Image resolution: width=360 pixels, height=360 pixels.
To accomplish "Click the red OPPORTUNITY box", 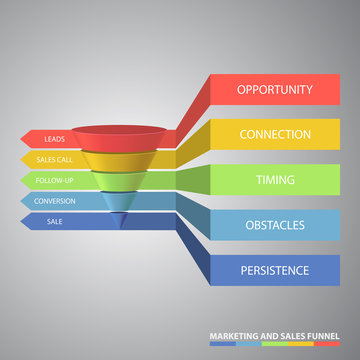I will pyautogui.click(x=274, y=89).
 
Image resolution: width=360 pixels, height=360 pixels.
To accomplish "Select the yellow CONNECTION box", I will pyautogui.click(x=274, y=134).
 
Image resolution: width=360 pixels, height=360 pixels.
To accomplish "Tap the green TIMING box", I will pyautogui.click(x=274, y=179).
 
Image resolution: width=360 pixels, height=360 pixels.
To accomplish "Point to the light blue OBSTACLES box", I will pyautogui.click(x=274, y=225).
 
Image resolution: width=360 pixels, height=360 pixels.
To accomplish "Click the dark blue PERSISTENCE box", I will pyautogui.click(x=274, y=270).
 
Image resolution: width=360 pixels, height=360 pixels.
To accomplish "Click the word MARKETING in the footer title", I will pyautogui.click(x=231, y=334).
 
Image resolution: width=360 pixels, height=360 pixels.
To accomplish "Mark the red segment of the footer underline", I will pyautogui.click(x=326, y=343).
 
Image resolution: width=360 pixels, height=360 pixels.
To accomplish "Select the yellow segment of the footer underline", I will pyautogui.click(x=300, y=343).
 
